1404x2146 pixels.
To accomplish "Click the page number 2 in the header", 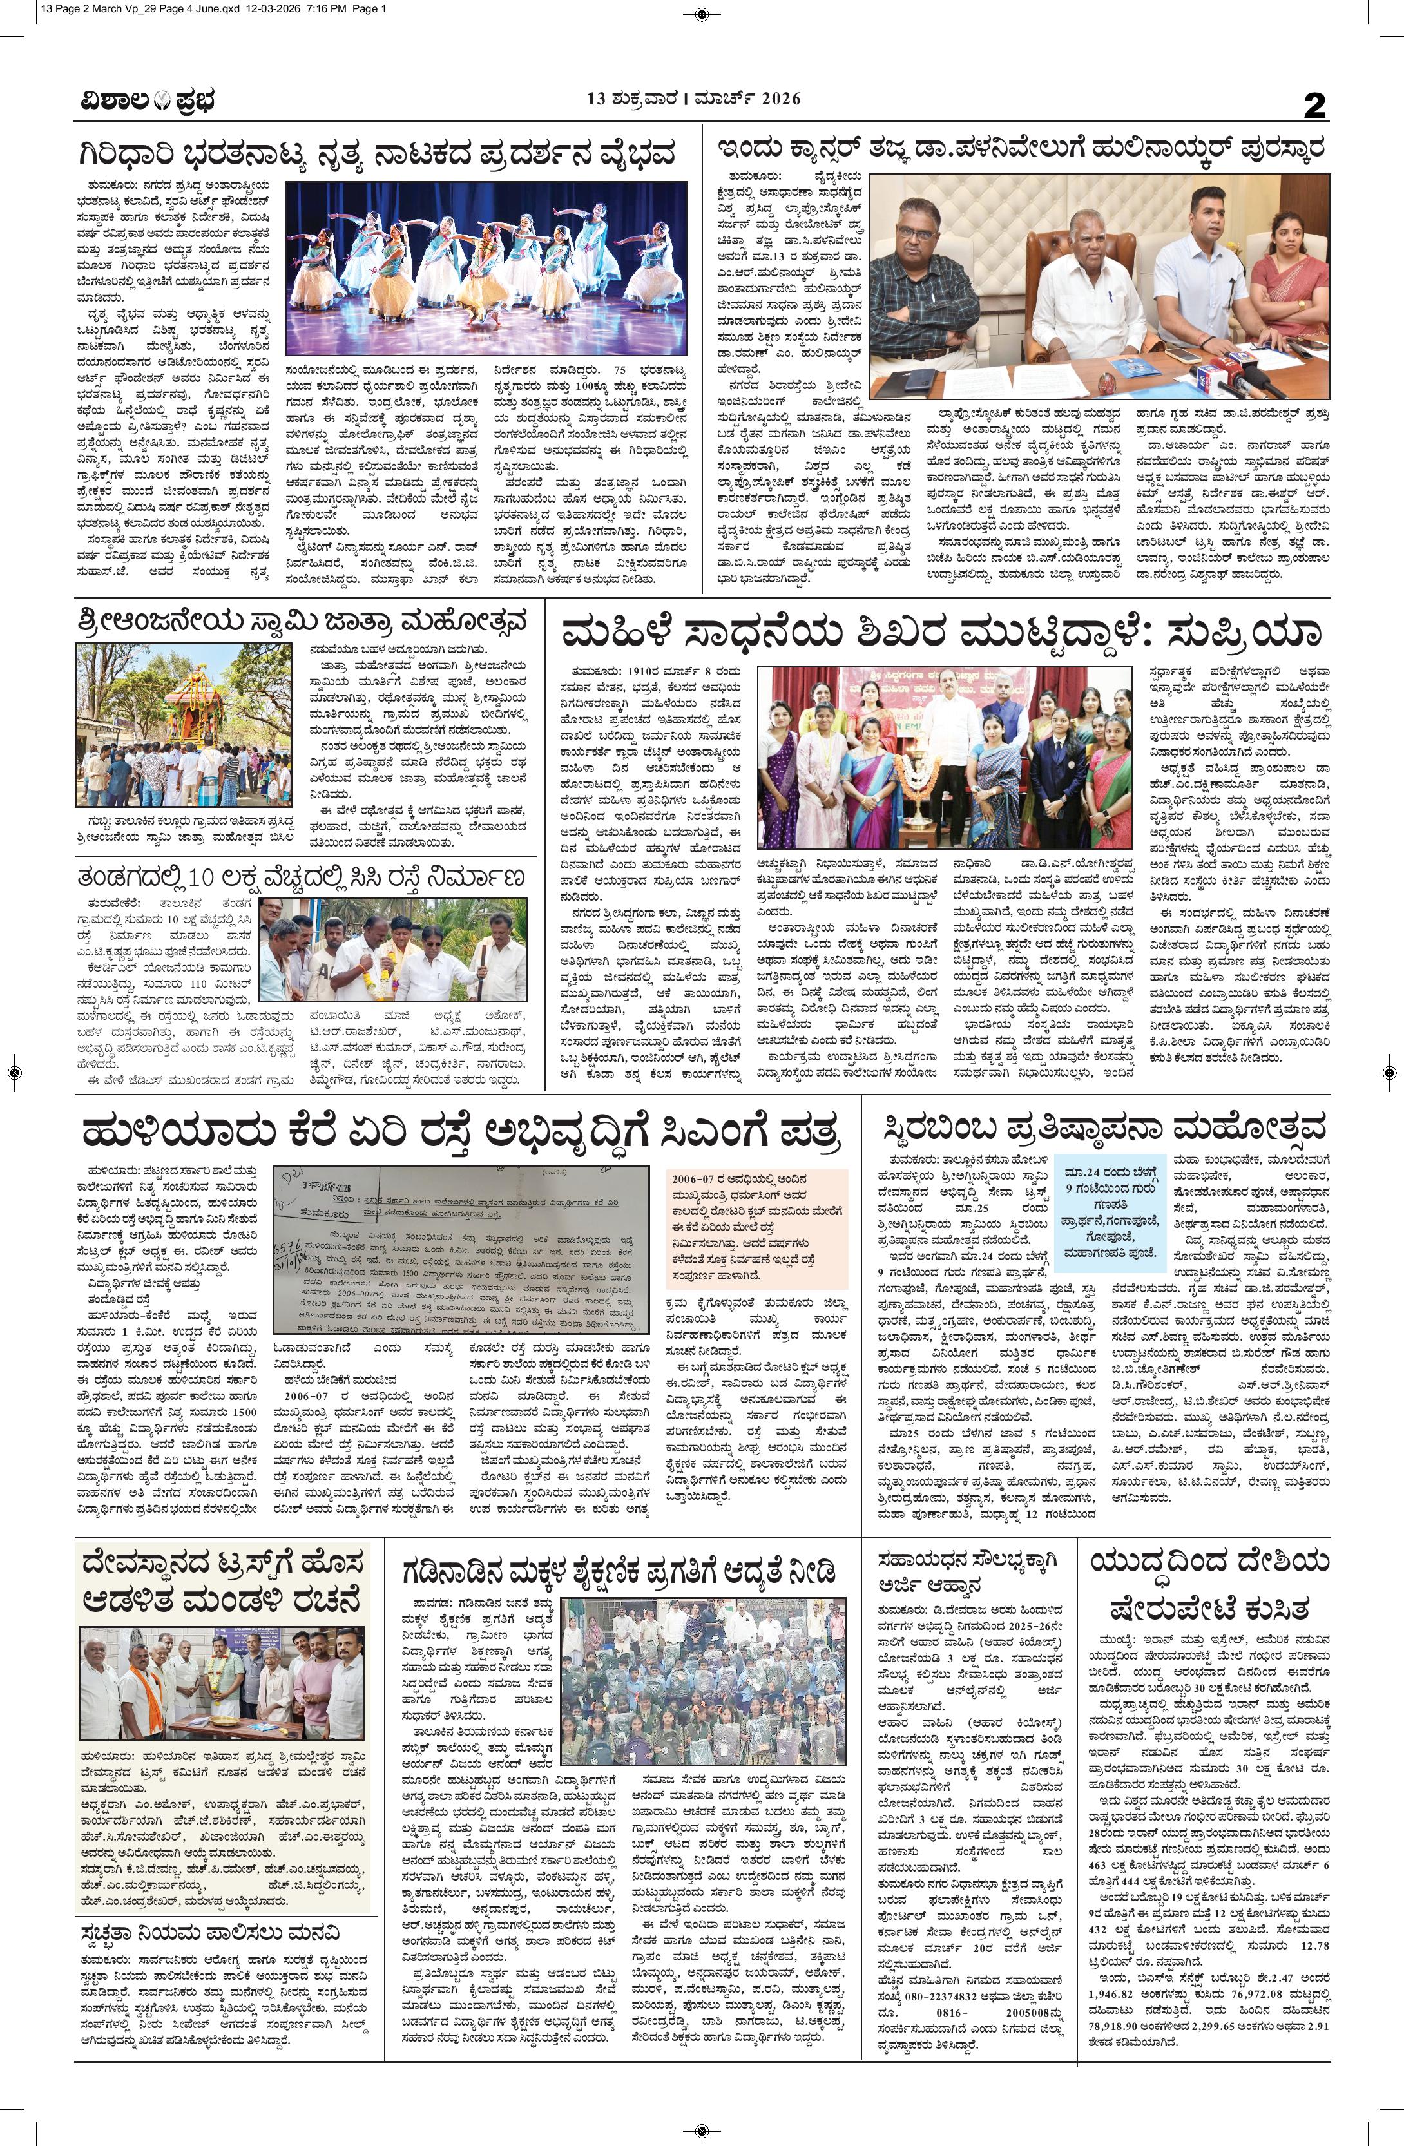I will (1316, 106).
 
